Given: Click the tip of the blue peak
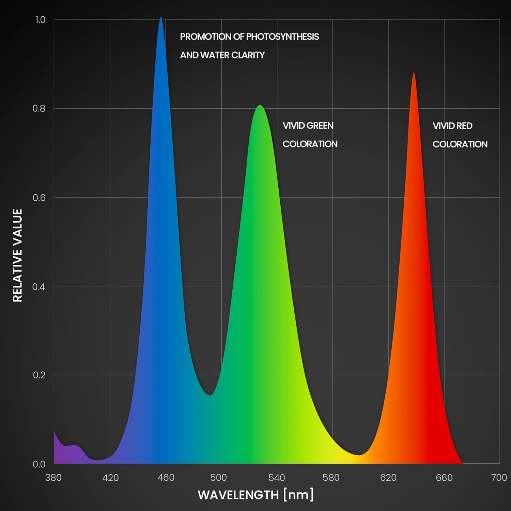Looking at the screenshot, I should (161, 18).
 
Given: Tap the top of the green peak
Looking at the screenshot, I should (260, 106).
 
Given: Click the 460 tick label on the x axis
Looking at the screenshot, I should (166, 478).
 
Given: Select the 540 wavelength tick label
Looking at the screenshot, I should (277, 478).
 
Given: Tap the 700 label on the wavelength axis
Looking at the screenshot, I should (499, 478).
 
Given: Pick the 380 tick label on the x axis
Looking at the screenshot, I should (53, 478).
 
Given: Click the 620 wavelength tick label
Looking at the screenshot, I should (388, 478).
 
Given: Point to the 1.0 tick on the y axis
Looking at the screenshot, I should (40, 20).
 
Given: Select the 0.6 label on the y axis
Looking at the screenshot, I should (39, 198).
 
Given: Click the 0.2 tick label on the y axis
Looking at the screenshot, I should (39, 375).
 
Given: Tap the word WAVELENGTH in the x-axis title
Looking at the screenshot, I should (238, 495).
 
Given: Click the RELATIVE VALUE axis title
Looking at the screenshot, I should (17, 255).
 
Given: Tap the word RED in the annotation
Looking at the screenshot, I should (465, 126).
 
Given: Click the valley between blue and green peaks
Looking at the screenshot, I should (210, 394).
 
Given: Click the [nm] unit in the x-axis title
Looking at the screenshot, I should (298, 495).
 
